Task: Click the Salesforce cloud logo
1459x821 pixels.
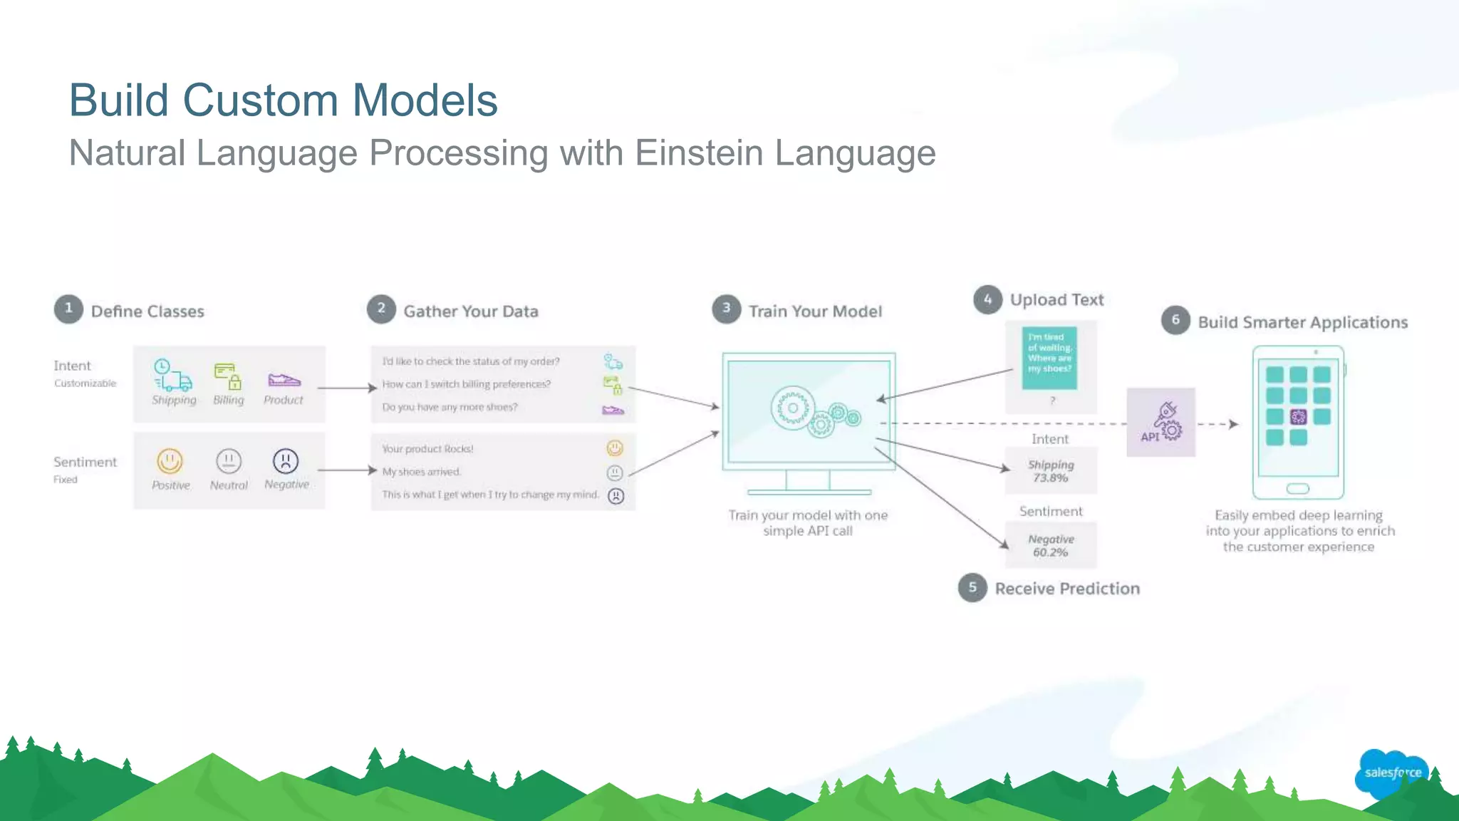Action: coord(1391,773)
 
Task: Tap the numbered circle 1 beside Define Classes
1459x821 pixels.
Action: coord(68,309)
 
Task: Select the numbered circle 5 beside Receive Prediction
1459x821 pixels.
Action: coord(972,588)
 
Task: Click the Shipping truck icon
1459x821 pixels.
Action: coord(172,376)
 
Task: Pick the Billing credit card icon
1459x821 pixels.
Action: coord(228,376)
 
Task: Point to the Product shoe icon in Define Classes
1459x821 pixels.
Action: coord(284,379)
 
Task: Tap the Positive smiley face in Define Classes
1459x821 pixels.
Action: coord(170,461)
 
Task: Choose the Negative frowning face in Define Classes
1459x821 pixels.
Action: coord(286,461)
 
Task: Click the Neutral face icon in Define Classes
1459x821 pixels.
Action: coord(229,461)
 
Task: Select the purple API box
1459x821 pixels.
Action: coord(1161,423)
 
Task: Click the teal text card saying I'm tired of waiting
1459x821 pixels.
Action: coord(1049,358)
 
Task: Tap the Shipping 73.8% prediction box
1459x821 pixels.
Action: coord(1051,471)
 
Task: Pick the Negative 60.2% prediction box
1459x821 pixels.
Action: coord(1051,545)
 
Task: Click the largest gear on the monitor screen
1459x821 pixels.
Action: coord(792,408)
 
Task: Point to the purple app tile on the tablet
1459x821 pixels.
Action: coord(1298,417)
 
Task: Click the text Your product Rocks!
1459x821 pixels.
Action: coord(427,449)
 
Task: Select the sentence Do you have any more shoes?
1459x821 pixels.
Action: coord(450,407)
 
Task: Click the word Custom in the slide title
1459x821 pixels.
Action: coord(261,100)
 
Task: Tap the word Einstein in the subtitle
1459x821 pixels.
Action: coord(699,153)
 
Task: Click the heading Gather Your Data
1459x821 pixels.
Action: coord(470,311)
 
